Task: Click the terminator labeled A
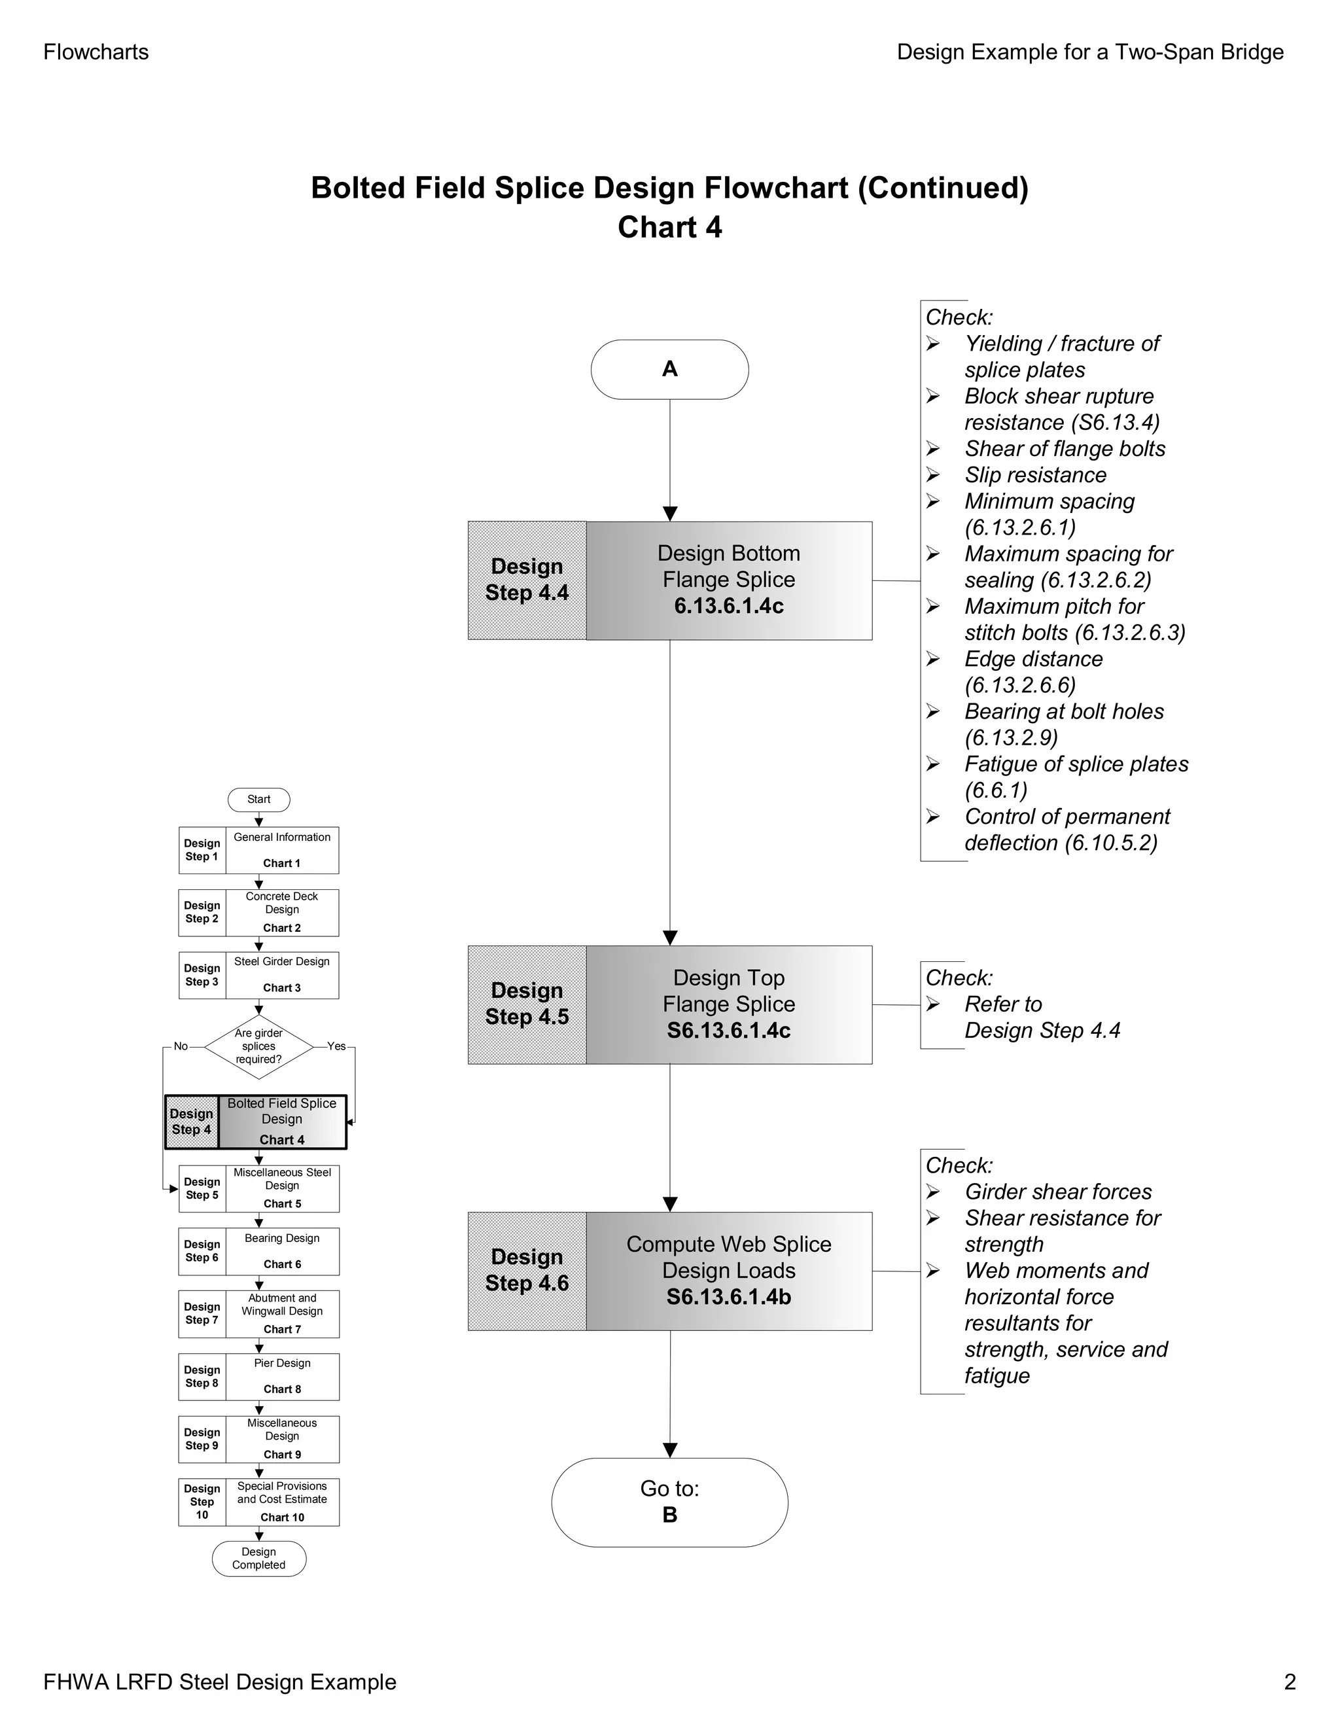(669, 369)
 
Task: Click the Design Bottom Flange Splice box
(729, 580)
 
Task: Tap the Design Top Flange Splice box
(729, 1004)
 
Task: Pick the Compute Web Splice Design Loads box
(729, 1270)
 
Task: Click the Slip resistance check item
(1035, 475)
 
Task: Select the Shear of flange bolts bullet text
(1065, 449)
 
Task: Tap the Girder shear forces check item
(1057, 1192)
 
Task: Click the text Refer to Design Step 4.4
(1042, 1017)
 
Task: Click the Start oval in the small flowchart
(259, 800)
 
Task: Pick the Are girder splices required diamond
(259, 1046)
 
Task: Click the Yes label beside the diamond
(336, 1046)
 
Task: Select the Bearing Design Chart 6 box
(282, 1251)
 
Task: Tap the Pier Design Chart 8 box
(282, 1376)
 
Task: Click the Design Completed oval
(259, 1559)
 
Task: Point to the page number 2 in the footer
(1289, 1682)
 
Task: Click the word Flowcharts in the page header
(96, 52)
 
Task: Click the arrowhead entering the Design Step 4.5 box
(670, 938)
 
